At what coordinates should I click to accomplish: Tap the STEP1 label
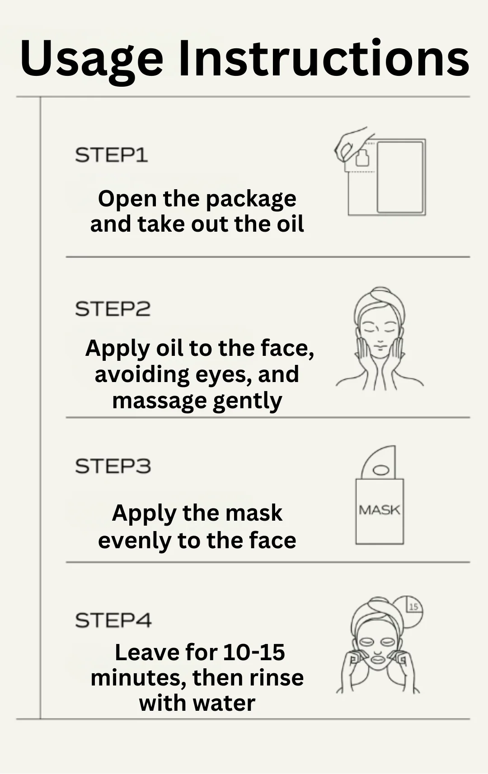(111, 155)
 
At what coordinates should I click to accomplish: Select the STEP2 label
(113, 308)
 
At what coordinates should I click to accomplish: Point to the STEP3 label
(113, 466)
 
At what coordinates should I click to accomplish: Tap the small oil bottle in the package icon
(362, 158)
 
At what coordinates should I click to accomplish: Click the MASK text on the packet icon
(380, 510)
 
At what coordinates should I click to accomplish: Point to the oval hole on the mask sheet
(381, 470)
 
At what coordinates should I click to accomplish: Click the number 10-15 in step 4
(254, 653)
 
